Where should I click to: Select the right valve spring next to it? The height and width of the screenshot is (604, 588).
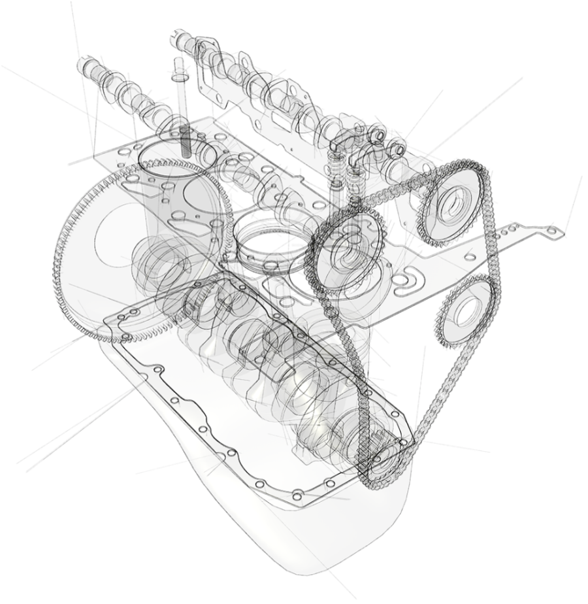pos(356,176)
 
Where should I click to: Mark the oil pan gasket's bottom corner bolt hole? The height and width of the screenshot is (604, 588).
pos(297,491)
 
